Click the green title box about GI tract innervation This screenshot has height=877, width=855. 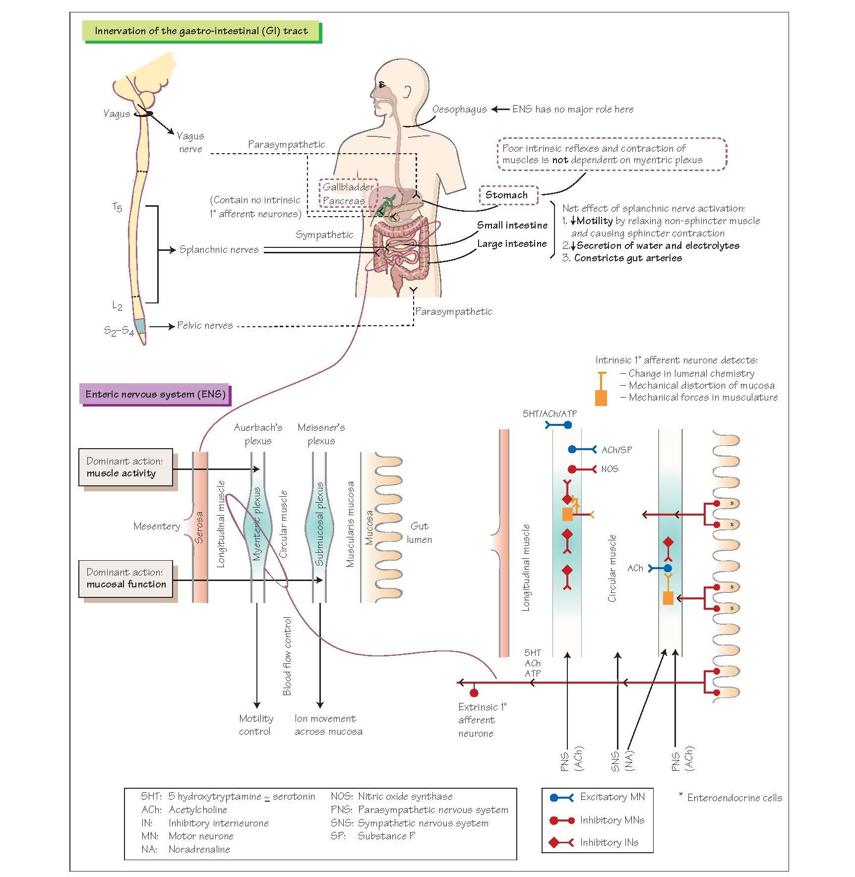[x=201, y=31]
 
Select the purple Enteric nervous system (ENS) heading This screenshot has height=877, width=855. [x=155, y=395]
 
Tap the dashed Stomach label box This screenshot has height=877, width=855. [x=507, y=195]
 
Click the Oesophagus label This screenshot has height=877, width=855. [x=459, y=110]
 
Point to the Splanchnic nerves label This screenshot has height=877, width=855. [x=219, y=250]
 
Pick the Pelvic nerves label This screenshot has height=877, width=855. [x=205, y=326]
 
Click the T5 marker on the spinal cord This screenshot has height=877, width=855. [x=117, y=207]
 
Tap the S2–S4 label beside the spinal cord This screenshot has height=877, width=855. [x=119, y=331]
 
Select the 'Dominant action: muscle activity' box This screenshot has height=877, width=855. [x=125, y=468]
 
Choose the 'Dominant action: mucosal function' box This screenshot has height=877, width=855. [x=126, y=579]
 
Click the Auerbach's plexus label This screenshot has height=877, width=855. [x=258, y=434]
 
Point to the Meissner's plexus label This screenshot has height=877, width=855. [x=321, y=434]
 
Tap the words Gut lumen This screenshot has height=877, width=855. [x=420, y=533]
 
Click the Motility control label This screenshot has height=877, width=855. [x=256, y=725]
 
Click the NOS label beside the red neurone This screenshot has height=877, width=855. [x=610, y=469]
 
